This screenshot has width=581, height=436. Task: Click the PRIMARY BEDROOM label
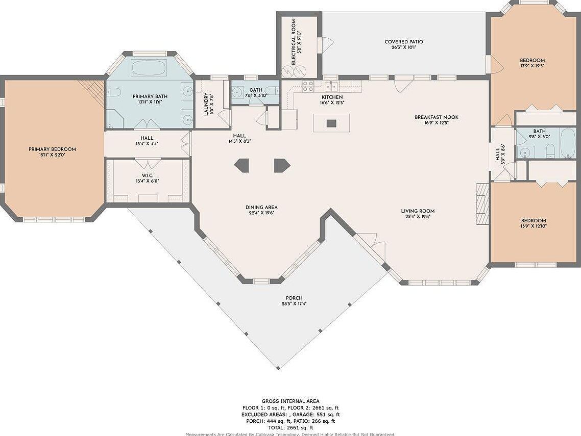pos(52,149)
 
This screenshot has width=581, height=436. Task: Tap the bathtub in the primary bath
pos(149,68)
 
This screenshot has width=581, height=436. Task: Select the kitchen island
pos(331,122)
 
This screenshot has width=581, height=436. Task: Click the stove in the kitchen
pos(308,87)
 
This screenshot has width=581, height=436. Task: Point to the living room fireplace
pos(482,203)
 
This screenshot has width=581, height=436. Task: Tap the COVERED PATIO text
pos(403,42)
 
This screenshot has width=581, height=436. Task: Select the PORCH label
pos(294,298)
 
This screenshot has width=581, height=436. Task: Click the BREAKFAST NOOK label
pos(436,117)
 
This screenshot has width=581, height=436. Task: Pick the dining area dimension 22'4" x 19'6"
pos(261,214)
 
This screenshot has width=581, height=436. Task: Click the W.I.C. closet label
pos(148,175)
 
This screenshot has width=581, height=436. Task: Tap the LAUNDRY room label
pos(206,104)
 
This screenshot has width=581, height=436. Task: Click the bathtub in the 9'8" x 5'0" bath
pos(567,143)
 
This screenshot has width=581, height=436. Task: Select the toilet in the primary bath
pos(113,92)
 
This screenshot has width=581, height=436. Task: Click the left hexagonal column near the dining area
pos(241,165)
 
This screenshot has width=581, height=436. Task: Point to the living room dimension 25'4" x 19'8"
pos(417,217)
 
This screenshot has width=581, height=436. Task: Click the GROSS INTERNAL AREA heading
pos(290,401)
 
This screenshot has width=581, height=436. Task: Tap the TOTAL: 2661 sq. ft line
pos(290,427)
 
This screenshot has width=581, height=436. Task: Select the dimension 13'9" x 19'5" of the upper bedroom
pos(532,66)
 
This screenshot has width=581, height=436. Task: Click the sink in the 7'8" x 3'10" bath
pos(237,92)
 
